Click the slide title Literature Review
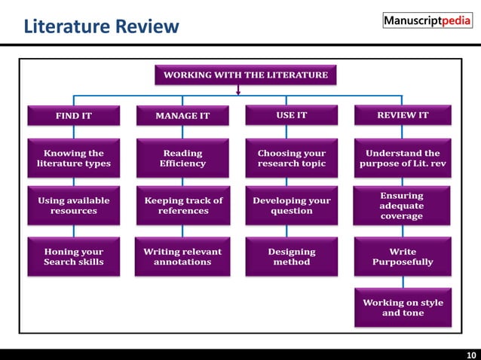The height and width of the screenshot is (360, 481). tap(101, 28)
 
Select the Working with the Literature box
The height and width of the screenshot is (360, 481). tap(246, 75)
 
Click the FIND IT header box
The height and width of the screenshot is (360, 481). tap(74, 115)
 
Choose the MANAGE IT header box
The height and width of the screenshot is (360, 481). tap(182, 115)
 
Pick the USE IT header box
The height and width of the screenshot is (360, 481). tap(292, 115)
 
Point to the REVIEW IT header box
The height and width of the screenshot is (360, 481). tap(403, 115)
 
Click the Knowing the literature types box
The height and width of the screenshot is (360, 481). tap(74, 158)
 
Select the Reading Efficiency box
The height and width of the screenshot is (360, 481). tap(182, 158)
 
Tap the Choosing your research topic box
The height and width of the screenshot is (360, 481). tap(292, 158)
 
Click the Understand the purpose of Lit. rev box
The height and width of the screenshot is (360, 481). tap(403, 158)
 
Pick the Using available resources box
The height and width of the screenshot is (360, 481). tap(74, 206)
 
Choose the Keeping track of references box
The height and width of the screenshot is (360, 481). tap(182, 206)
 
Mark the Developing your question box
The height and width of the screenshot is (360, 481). tap(292, 206)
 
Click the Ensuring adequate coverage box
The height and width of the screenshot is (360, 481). tap(403, 206)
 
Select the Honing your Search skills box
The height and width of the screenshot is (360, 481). tap(74, 257)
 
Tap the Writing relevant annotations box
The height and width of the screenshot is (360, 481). tap(182, 257)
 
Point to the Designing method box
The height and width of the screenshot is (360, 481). tap(292, 257)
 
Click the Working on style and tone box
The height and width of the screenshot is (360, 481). tap(403, 307)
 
